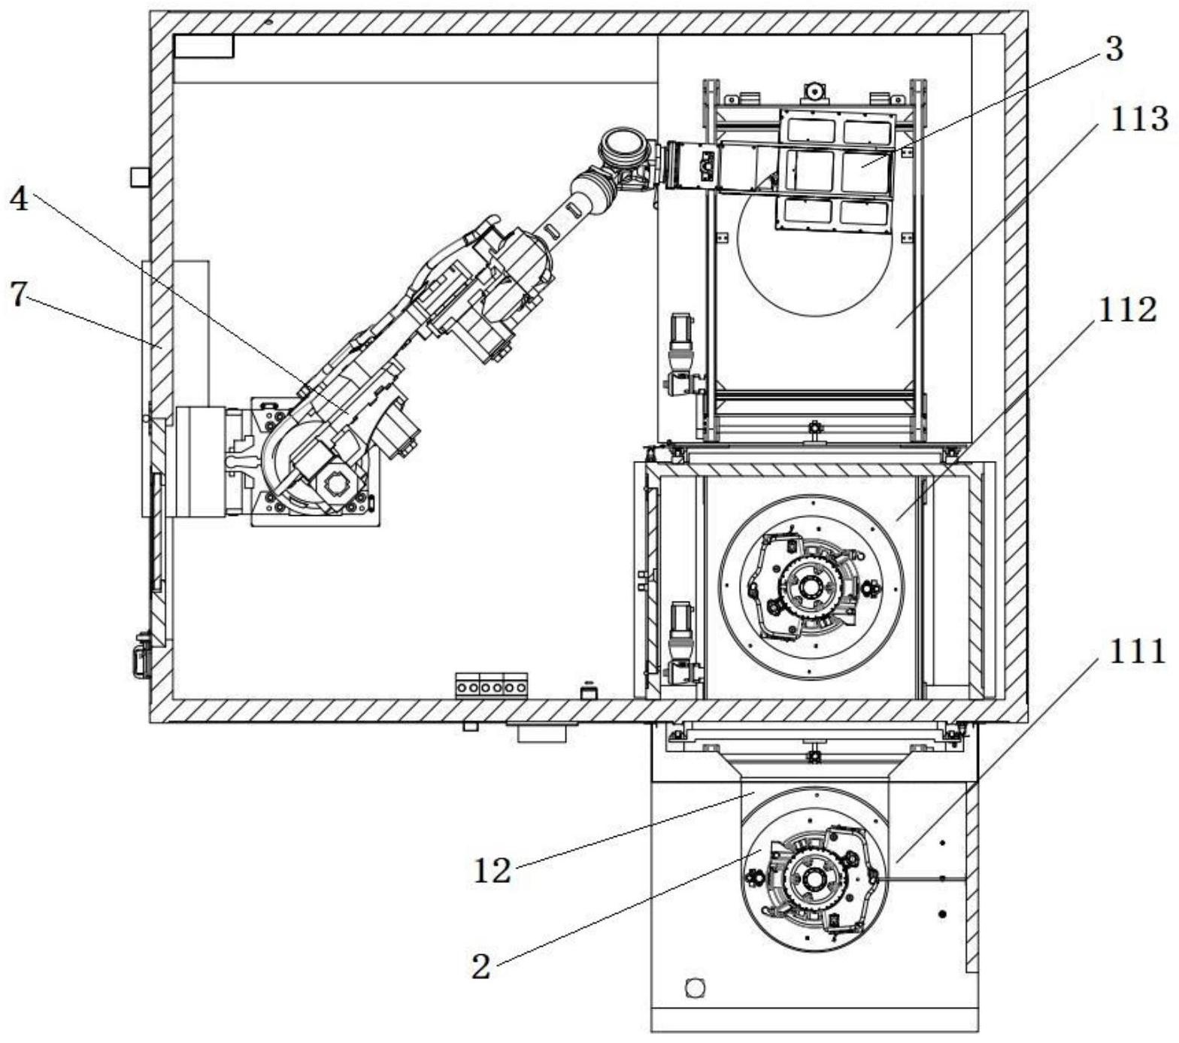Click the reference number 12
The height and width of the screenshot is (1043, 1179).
[x=493, y=870]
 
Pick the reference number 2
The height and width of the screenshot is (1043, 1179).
[x=480, y=966]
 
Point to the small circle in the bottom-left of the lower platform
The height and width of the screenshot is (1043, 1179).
[x=696, y=987]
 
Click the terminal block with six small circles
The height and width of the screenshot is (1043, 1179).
[x=492, y=687]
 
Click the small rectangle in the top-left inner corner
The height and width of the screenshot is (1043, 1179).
[x=204, y=47]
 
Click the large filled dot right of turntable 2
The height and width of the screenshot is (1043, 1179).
[x=943, y=914]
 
